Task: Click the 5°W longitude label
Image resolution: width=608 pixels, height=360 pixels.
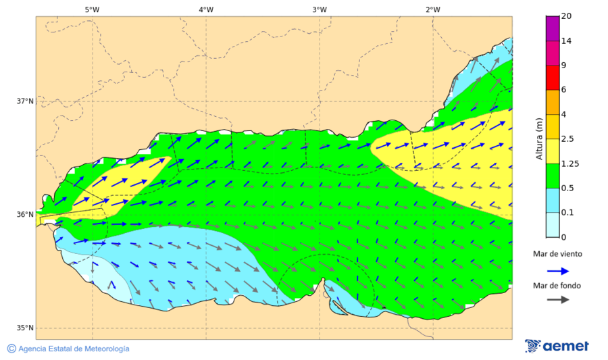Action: pyautogui.click(x=92, y=9)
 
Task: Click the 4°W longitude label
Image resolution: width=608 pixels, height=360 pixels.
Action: pyautogui.click(x=206, y=9)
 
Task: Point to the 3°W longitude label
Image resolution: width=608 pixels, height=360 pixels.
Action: pyautogui.click(x=320, y=9)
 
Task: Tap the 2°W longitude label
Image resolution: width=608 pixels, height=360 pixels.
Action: pyautogui.click(x=433, y=9)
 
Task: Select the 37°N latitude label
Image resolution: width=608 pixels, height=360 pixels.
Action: pyautogui.click(x=25, y=101)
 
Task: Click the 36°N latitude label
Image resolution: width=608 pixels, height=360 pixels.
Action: pyautogui.click(x=25, y=215)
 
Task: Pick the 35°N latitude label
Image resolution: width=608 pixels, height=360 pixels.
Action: pyautogui.click(x=25, y=328)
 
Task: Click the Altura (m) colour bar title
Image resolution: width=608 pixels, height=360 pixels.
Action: pyautogui.click(x=539, y=139)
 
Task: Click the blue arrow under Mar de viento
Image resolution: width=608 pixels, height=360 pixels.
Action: pyautogui.click(x=557, y=269)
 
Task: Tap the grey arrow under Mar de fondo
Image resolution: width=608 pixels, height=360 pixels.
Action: pyautogui.click(x=557, y=300)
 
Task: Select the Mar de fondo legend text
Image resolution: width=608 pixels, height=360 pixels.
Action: pyautogui.click(x=557, y=286)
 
